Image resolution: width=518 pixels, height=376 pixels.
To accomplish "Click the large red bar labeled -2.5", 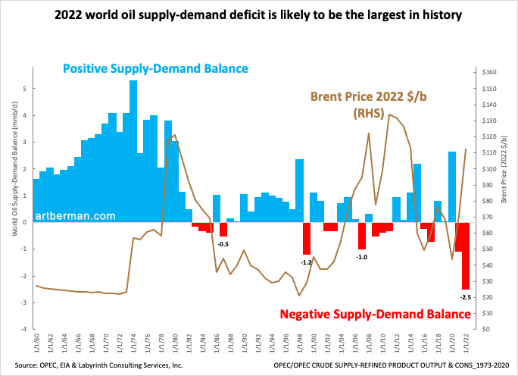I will point(466,255).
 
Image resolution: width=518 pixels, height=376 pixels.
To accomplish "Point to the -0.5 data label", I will point(223,244).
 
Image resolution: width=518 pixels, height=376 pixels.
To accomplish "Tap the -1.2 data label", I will point(307,262).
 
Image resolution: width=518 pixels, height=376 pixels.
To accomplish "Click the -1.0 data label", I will point(362,257).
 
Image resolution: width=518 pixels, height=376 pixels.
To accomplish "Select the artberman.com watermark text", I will point(74,216).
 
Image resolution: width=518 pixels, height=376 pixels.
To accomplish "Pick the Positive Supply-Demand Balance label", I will point(154,69).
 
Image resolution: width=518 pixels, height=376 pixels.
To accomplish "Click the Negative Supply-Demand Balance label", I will point(373,314).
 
